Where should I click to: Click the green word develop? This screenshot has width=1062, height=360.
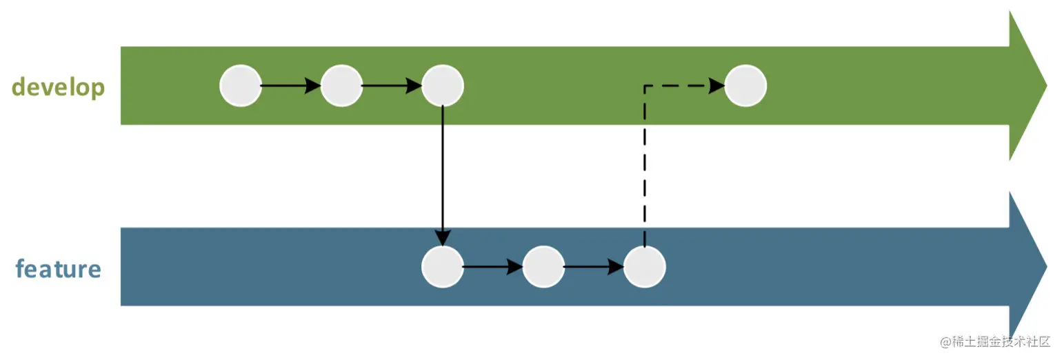(58, 88)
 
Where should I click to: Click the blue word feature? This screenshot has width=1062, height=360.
(59, 268)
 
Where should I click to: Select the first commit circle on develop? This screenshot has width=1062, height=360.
(241, 86)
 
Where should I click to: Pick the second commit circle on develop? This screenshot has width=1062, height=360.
(341, 86)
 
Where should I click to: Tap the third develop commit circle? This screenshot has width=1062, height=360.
(442, 86)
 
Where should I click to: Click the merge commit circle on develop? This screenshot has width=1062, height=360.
(745, 86)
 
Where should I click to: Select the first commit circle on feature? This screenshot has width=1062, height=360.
(442, 267)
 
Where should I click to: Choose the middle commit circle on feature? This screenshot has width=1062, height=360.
(543, 267)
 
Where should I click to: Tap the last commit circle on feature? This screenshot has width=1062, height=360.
(644, 267)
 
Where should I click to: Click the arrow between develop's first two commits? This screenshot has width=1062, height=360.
(290, 86)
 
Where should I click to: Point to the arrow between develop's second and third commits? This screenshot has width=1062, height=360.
(392, 86)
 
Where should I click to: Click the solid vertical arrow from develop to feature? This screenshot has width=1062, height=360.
(442, 176)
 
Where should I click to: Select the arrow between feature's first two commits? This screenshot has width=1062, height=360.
(492, 267)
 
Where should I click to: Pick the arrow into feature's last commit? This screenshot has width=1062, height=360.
(594, 267)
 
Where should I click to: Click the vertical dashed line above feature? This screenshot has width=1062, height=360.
(644, 166)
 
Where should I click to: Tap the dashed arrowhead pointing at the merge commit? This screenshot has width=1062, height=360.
(717, 86)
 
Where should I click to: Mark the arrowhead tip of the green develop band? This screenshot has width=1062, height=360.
(1047, 86)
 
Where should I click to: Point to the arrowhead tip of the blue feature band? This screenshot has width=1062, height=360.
(1047, 267)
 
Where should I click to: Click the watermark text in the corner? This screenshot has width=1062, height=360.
(994, 341)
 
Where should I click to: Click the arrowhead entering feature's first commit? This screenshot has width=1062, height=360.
(442, 239)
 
